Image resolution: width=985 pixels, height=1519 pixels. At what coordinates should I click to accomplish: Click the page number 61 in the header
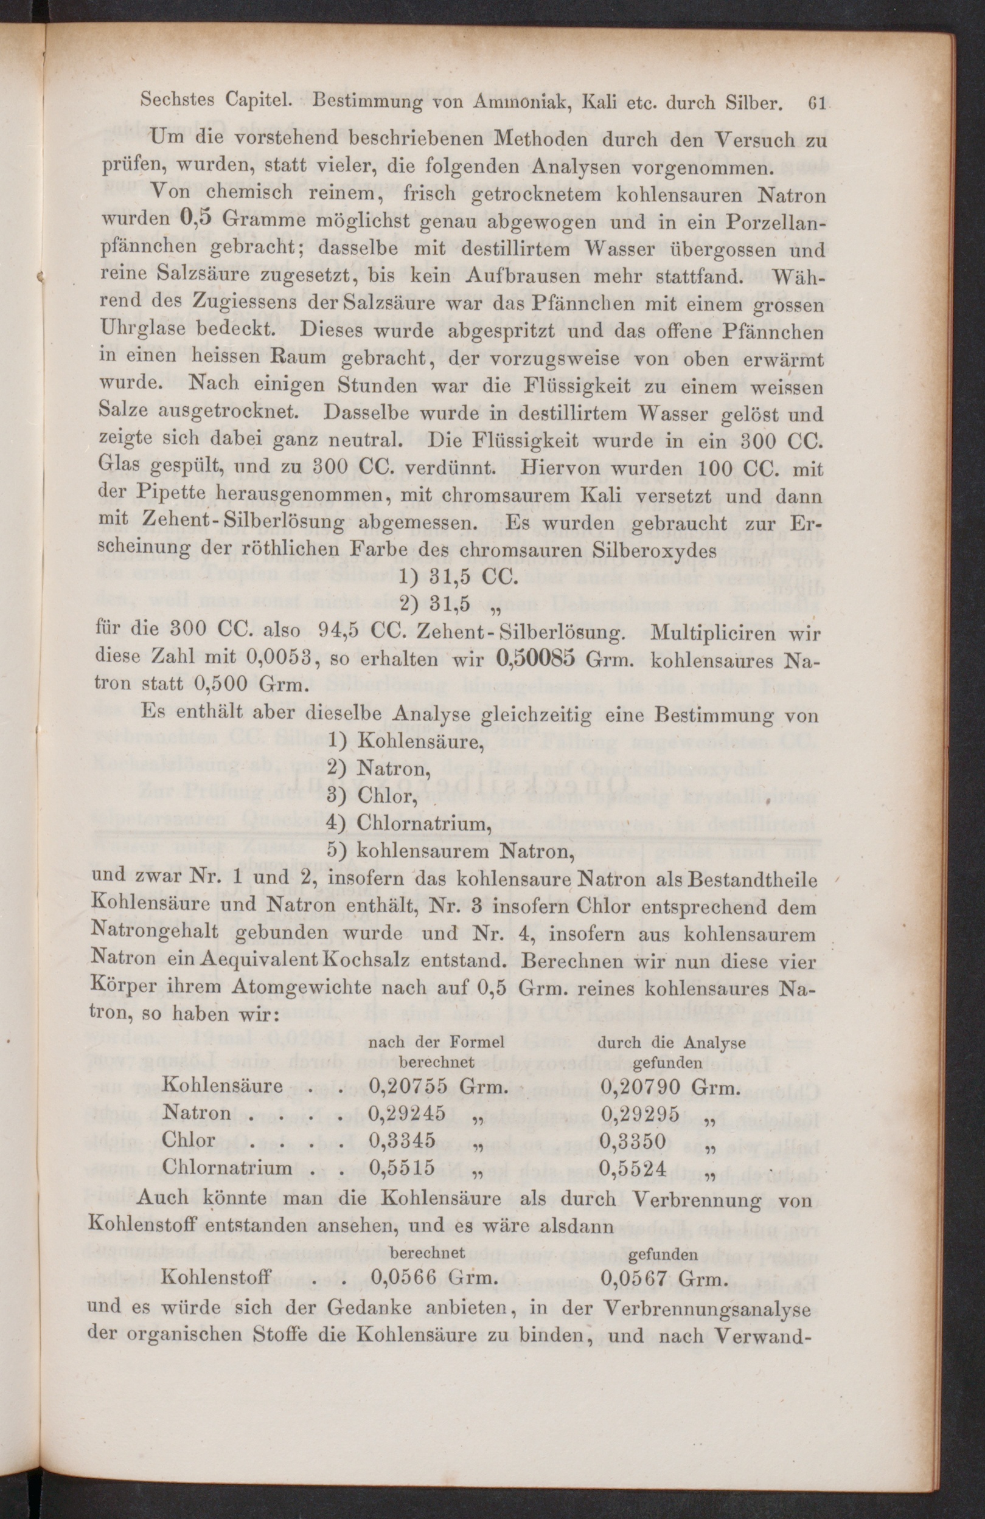tap(816, 103)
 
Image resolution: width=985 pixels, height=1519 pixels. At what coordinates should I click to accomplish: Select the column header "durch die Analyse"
tap(671, 1042)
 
